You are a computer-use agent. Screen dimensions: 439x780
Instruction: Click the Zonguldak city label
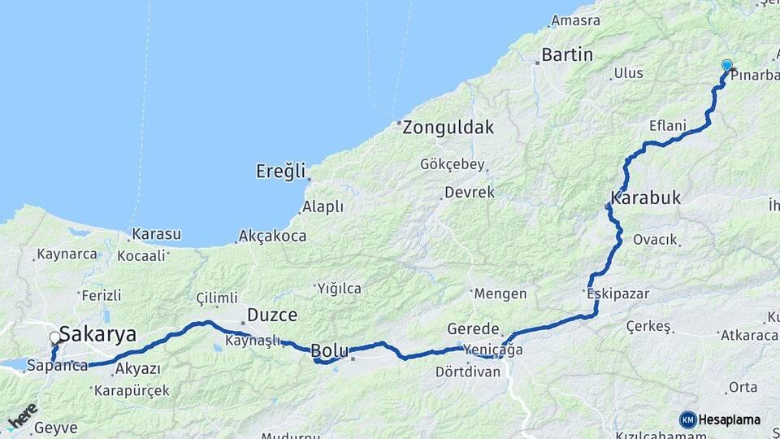click(x=448, y=128)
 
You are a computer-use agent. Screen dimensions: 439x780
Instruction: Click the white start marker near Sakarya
click(x=54, y=337)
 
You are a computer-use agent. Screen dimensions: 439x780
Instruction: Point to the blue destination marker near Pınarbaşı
click(x=726, y=66)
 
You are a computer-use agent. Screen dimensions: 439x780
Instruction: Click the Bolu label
click(x=330, y=351)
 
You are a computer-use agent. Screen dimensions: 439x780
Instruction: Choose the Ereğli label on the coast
click(x=281, y=172)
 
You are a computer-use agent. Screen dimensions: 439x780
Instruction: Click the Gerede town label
click(x=473, y=329)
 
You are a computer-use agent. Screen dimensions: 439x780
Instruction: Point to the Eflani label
click(x=668, y=126)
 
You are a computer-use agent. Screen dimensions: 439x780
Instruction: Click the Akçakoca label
click(x=272, y=237)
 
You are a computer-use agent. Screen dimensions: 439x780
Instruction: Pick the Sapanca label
click(x=57, y=366)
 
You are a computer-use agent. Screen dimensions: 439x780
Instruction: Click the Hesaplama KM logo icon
click(x=688, y=419)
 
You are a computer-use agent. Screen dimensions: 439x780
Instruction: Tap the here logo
click(x=22, y=416)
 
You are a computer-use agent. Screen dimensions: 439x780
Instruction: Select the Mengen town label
click(x=500, y=293)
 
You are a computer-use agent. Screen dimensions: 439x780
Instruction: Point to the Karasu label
click(x=156, y=234)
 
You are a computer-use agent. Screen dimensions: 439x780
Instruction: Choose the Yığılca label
click(x=339, y=288)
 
